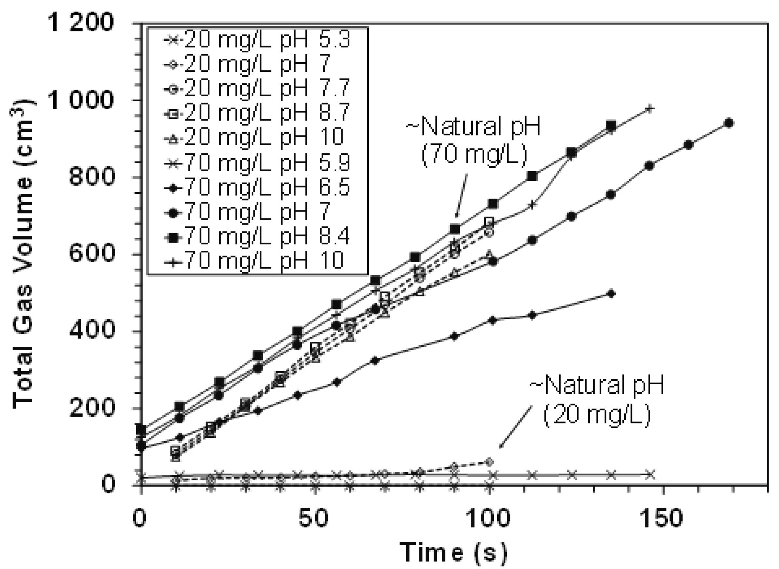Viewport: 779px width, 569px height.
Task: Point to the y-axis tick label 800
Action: (x=91, y=177)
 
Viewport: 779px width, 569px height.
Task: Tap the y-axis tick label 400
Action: (x=91, y=331)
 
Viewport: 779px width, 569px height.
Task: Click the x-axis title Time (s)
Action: (x=453, y=552)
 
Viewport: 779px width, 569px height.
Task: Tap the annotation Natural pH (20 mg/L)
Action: (x=597, y=399)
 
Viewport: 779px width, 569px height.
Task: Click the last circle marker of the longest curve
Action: (x=728, y=123)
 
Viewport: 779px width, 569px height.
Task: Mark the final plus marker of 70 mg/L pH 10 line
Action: (x=650, y=109)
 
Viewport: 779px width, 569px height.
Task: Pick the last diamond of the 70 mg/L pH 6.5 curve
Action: (x=611, y=294)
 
